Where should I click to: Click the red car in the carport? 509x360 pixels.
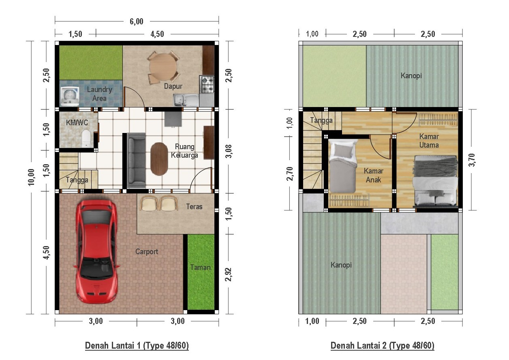tap(96, 251)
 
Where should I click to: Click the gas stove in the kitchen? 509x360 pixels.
tap(206, 84)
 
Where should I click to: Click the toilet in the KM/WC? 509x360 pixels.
tap(86, 139)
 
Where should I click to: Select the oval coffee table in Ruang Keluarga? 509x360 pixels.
tap(158, 159)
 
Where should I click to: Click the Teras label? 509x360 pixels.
tap(194, 206)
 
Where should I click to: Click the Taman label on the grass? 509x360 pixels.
tap(201, 268)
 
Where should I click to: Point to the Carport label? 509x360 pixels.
tap(147, 252)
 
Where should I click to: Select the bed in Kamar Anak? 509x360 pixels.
tap(343, 166)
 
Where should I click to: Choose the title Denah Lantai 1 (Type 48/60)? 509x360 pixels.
tap(137, 346)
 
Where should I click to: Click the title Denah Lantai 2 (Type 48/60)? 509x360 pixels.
tap(382, 346)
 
